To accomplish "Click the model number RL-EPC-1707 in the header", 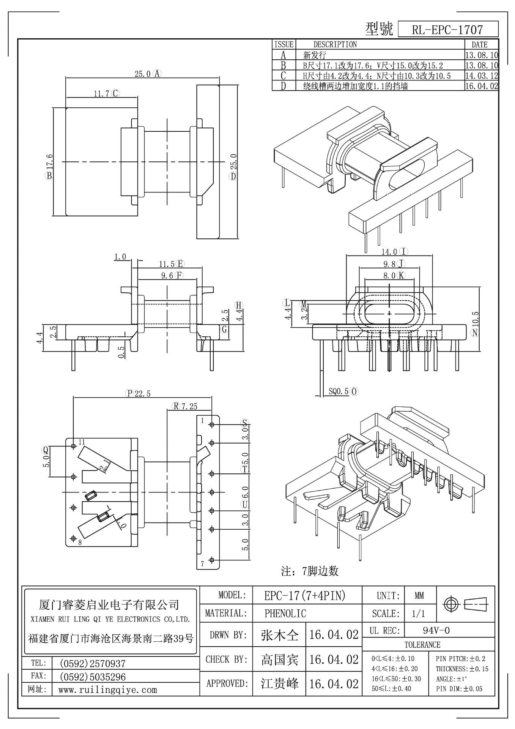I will point(447,30).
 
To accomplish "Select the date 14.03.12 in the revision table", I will point(481,76).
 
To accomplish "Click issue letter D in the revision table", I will point(283,86).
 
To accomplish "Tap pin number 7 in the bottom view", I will point(202,564).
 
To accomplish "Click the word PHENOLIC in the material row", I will point(285,614).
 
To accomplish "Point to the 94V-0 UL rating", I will point(436,631).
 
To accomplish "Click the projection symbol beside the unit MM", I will point(466,604).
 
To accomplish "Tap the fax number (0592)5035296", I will point(93,677).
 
